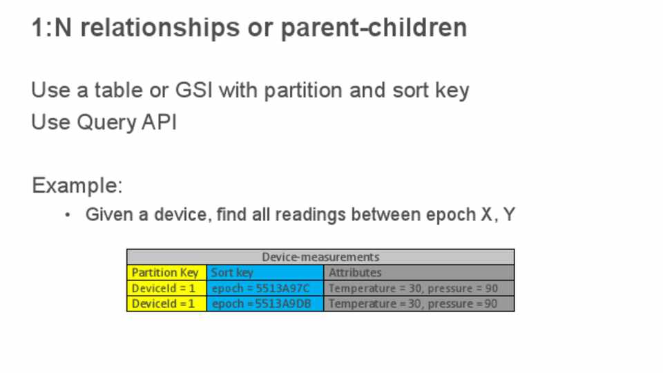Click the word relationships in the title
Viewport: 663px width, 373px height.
coord(160,28)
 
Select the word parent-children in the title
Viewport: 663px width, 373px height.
coord(374,28)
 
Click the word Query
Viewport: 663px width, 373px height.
coord(106,123)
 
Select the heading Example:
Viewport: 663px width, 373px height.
coord(77,185)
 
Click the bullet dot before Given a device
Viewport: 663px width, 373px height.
coord(68,215)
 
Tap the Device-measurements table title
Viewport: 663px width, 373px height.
coord(320,257)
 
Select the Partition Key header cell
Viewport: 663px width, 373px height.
coord(166,272)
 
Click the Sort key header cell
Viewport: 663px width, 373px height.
coord(265,272)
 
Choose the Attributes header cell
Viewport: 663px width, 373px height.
coord(419,272)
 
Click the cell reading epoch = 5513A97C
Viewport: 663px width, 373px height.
coord(265,288)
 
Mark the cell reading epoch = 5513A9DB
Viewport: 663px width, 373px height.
coord(265,304)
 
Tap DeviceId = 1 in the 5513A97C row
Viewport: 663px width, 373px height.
coord(166,288)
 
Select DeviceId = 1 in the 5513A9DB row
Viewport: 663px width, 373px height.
coord(166,304)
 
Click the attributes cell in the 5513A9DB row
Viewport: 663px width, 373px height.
coord(419,304)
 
